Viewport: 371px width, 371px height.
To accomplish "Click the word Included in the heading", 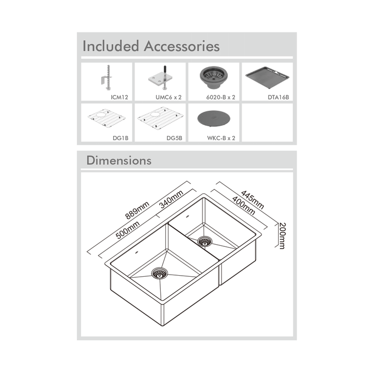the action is point(110,46).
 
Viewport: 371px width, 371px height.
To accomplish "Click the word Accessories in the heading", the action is point(182,46).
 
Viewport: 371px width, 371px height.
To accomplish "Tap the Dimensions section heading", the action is point(119,160).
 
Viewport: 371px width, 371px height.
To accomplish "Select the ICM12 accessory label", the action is point(120,97).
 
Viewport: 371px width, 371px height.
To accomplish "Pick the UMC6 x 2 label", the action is point(168,97).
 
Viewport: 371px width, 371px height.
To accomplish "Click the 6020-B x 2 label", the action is point(221,97).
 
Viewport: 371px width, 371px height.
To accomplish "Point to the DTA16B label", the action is point(278,97).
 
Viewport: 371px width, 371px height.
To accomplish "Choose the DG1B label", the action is point(121,138).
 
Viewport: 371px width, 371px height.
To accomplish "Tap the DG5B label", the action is point(174,138).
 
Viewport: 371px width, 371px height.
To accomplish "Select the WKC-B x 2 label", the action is point(221,138).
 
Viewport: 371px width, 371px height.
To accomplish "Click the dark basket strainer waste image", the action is point(214,77).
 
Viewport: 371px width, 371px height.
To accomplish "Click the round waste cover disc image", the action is point(214,119).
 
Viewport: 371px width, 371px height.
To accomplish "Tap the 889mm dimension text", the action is point(137,210).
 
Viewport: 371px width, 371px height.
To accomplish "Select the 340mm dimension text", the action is point(171,199).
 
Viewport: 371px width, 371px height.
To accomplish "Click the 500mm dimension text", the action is point(127,230).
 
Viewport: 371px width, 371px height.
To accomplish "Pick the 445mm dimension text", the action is point(252,200).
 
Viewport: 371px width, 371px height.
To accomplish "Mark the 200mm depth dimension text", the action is point(282,235).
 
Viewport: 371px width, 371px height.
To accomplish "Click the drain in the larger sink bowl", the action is point(159,274).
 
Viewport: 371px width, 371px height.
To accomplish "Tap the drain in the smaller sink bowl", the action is point(205,241).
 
